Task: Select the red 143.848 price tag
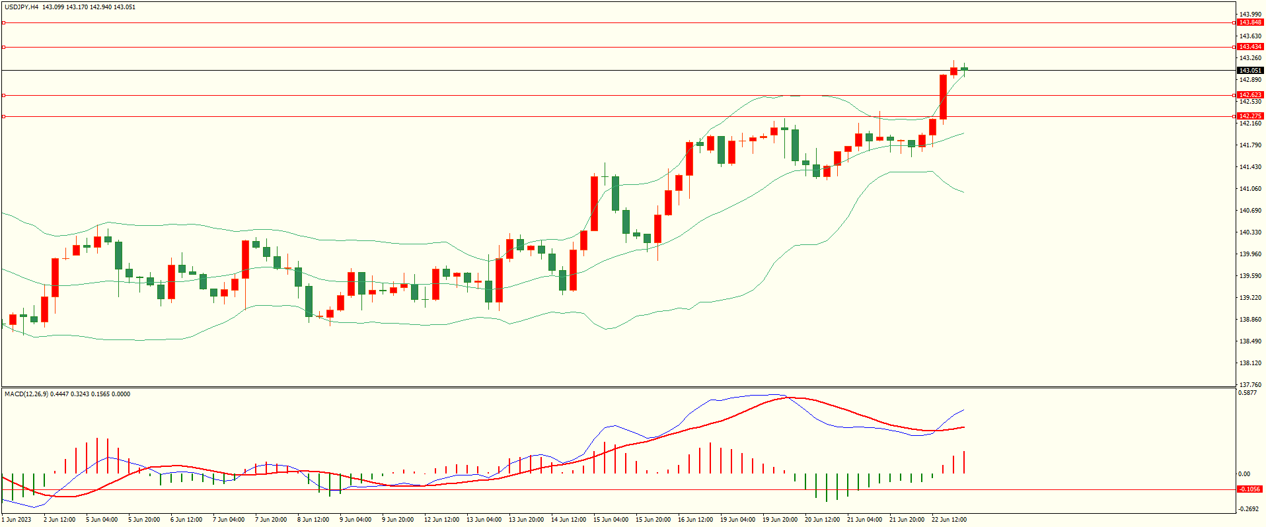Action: click(x=1249, y=22)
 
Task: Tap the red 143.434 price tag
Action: click(x=1249, y=47)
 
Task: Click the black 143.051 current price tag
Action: click(x=1249, y=71)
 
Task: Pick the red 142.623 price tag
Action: click(x=1249, y=95)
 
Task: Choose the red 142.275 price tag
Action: click(x=1249, y=116)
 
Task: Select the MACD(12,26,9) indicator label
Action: click(x=26, y=394)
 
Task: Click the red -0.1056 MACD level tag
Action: click(x=1249, y=489)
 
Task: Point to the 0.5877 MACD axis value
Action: click(x=1247, y=393)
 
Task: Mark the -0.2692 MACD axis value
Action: click(x=1249, y=509)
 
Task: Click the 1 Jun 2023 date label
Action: click(x=17, y=520)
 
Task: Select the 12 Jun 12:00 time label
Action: click(x=441, y=520)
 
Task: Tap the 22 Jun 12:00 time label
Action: click(x=949, y=520)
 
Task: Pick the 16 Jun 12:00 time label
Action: click(x=695, y=520)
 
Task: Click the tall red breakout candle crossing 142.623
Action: click(x=944, y=97)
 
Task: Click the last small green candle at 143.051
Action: click(x=965, y=69)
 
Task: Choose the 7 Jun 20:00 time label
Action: click(x=271, y=520)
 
